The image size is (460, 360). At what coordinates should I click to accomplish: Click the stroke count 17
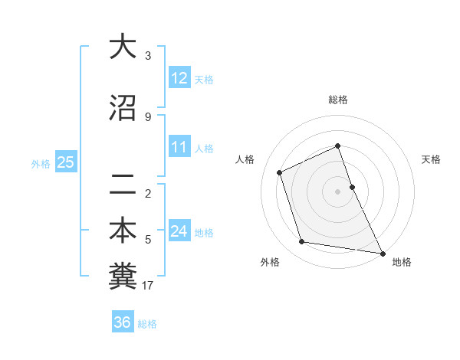click(x=148, y=286)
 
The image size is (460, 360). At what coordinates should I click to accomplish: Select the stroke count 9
click(x=148, y=117)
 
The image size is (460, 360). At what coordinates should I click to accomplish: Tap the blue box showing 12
click(x=179, y=78)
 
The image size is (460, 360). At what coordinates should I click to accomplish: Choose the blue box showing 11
click(x=179, y=147)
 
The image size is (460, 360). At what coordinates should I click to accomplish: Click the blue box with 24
click(x=179, y=231)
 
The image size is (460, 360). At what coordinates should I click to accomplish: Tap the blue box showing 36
click(x=123, y=322)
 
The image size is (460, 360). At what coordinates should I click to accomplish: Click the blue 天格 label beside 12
click(x=204, y=79)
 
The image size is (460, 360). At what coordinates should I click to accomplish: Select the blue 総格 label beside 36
click(x=147, y=323)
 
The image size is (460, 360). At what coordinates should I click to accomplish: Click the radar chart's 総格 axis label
click(x=338, y=100)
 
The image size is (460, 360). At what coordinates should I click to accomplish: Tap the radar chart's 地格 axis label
click(x=402, y=262)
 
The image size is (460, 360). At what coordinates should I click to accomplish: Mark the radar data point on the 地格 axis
click(x=382, y=253)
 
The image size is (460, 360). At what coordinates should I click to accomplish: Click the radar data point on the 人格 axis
click(x=280, y=172)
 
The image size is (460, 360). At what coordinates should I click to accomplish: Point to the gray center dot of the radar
click(x=337, y=191)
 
